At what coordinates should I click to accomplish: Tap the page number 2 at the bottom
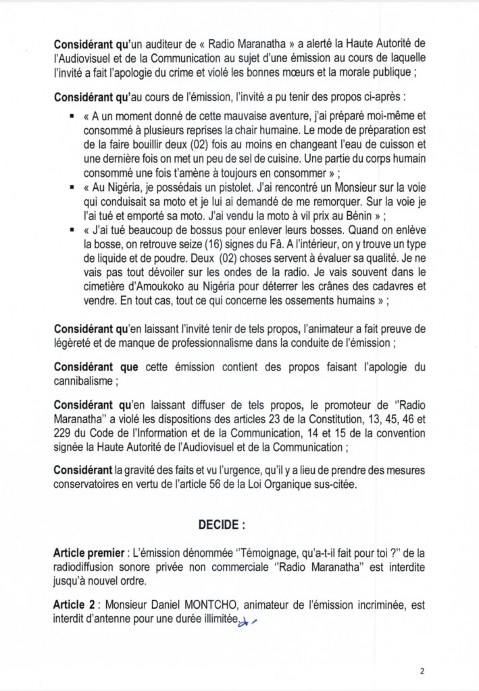pos(422,671)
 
